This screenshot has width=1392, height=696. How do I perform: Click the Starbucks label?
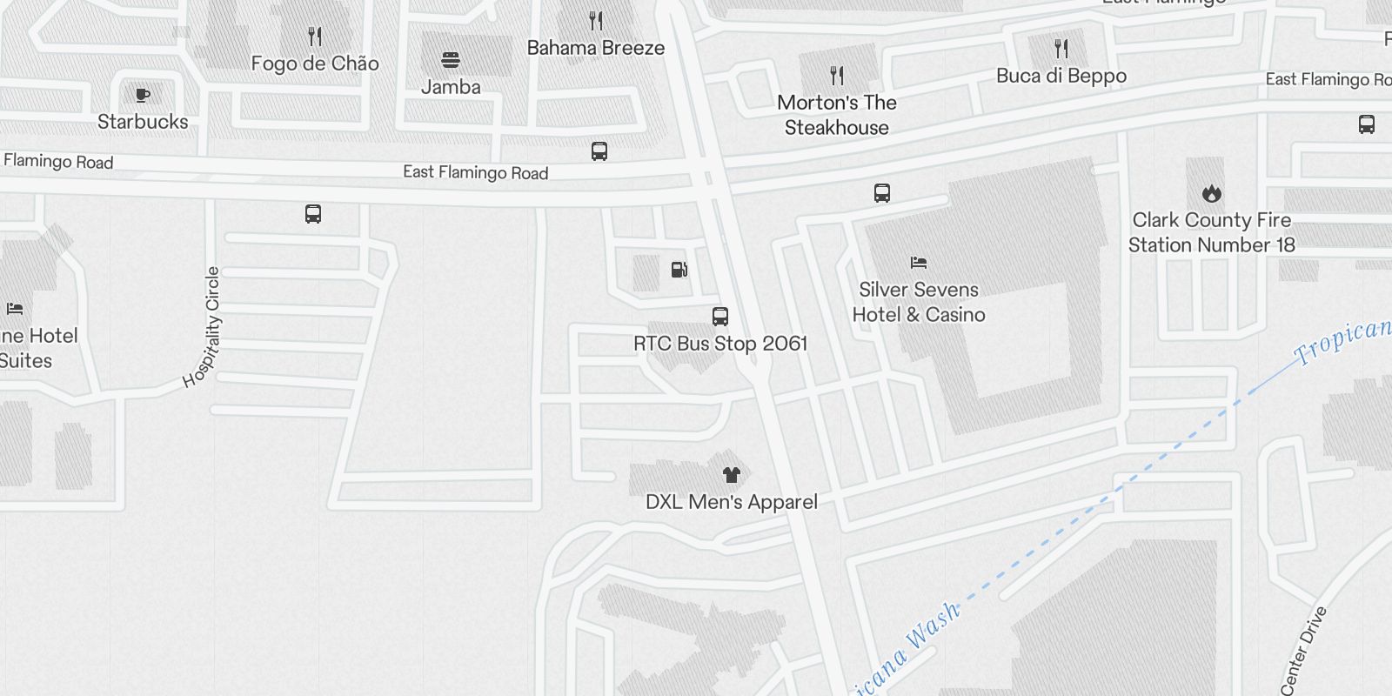click(143, 122)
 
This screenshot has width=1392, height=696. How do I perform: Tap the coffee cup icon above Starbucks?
click(143, 95)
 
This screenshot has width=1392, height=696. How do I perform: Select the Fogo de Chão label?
click(315, 64)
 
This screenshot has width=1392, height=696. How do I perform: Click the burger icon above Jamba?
click(450, 60)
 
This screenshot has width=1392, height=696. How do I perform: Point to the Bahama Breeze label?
click(596, 49)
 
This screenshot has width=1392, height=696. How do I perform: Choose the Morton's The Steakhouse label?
click(836, 115)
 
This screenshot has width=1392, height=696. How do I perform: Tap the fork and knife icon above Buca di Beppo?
click(1061, 48)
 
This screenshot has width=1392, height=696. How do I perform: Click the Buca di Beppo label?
click(1061, 77)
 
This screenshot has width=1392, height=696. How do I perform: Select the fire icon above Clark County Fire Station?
click(1211, 193)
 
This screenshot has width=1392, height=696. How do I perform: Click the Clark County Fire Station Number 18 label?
click(1211, 232)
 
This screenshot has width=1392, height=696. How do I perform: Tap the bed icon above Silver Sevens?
click(918, 263)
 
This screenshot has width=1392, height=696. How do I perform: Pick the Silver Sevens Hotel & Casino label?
click(918, 302)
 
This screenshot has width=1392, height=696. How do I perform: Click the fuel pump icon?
click(679, 270)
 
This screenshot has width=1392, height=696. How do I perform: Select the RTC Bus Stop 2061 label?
click(720, 344)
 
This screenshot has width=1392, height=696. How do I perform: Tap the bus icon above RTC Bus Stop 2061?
click(720, 316)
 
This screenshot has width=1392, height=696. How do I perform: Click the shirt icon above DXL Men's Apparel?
click(731, 474)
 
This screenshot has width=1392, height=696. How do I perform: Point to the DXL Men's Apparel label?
click(731, 502)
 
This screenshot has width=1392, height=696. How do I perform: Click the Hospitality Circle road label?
click(202, 328)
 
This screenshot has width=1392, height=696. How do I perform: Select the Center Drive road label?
click(1304, 651)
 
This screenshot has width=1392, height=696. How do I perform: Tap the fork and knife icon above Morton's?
click(836, 76)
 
